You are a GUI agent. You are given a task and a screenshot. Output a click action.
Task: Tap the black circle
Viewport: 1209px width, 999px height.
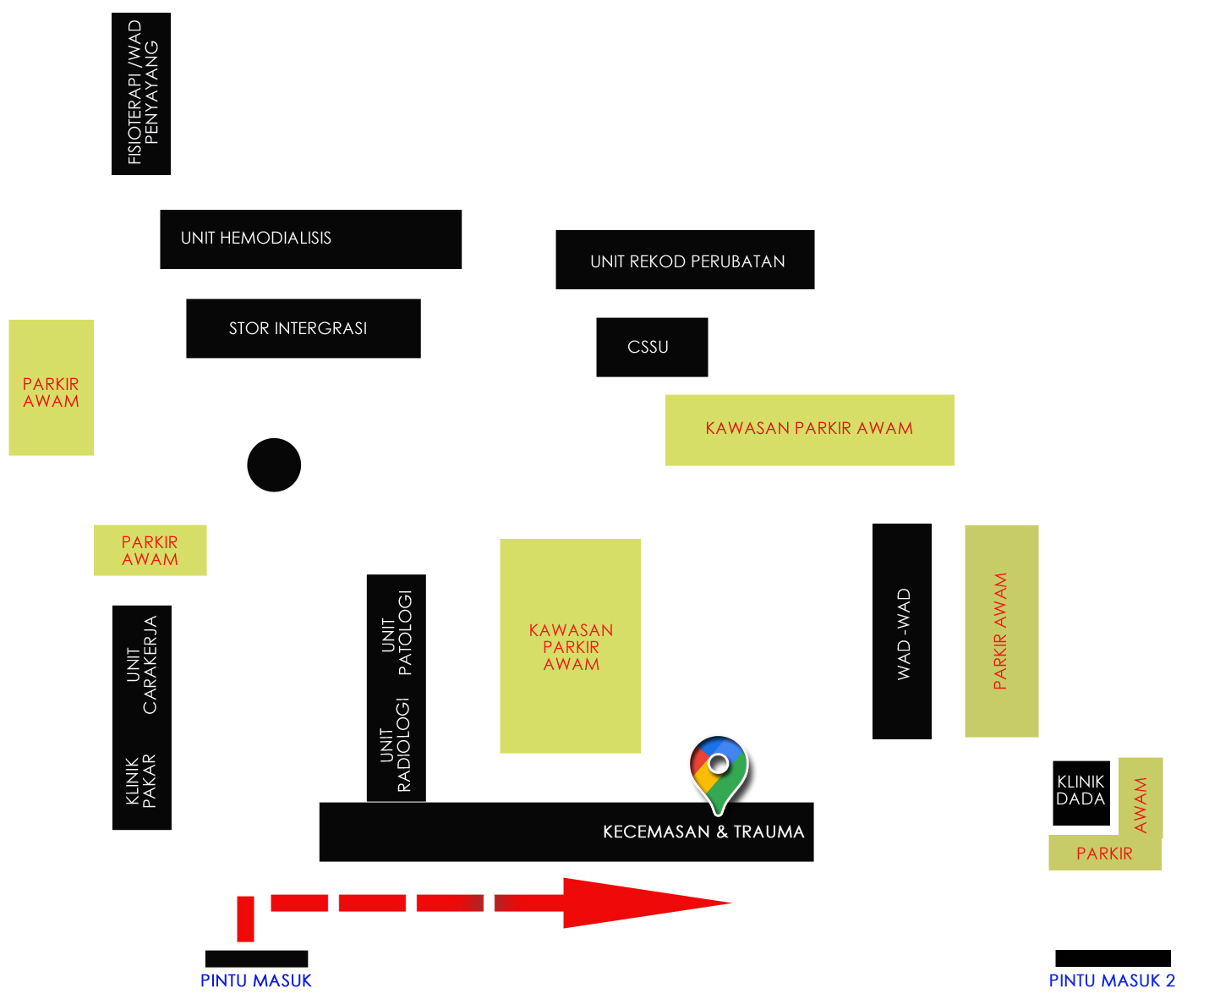tap(274, 464)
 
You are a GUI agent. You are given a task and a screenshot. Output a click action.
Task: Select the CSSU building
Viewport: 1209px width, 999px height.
tap(652, 347)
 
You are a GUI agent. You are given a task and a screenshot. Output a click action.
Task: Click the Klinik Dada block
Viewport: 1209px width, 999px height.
tap(1081, 793)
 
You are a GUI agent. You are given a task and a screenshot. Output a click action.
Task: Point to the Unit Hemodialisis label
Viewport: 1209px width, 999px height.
tap(256, 238)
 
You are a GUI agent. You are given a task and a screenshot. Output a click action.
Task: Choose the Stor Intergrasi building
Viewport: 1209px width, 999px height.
tap(304, 328)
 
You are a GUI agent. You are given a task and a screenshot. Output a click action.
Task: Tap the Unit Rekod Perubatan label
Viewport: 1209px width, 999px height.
tap(687, 261)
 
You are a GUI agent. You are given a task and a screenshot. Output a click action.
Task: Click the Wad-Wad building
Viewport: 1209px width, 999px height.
tap(902, 631)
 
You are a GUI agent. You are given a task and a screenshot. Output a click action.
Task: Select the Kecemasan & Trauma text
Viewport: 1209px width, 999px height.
tap(703, 832)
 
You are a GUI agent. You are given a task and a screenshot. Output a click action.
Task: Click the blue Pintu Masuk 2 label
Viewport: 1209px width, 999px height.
tap(1112, 980)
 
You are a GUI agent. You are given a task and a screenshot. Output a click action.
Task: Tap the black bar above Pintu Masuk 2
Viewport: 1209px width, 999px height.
tap(1113, 958)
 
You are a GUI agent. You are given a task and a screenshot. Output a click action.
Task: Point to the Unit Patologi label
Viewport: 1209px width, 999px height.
tap(397, 632)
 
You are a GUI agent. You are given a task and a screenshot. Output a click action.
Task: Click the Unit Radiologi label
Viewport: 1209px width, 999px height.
tap(396, 744)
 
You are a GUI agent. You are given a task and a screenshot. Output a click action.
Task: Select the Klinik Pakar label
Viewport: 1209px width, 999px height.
tap(140, 781)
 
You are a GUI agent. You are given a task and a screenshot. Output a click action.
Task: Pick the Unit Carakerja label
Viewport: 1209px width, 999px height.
tap(142, 665)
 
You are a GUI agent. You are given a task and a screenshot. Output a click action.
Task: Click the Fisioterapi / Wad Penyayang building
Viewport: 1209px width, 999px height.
tap(141, 94)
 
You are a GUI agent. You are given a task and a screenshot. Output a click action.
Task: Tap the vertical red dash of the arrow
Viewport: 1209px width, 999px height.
tap(245, 919)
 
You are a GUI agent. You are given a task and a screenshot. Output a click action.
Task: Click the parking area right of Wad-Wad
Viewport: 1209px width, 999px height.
tap(1002, 631)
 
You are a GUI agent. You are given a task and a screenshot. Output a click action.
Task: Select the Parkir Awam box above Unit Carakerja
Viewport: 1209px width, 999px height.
tap(150, 550)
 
